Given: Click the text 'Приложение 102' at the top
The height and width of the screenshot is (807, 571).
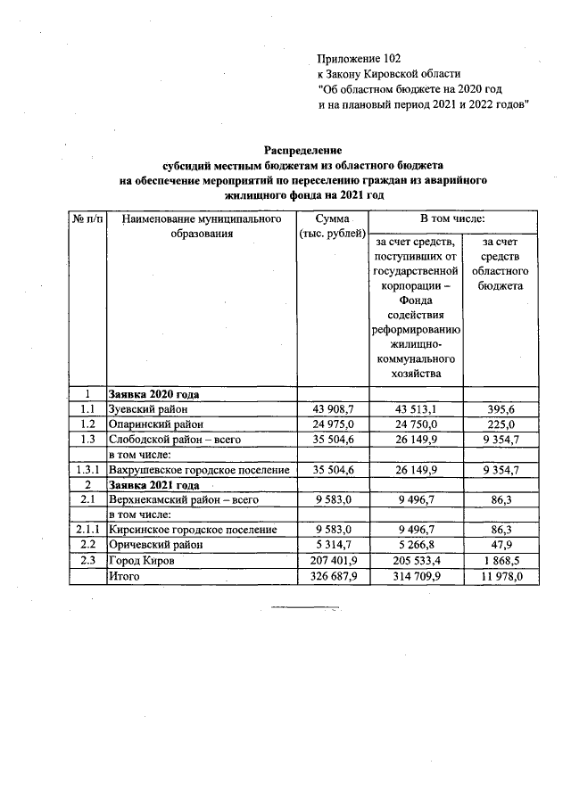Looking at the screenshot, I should (359, 58).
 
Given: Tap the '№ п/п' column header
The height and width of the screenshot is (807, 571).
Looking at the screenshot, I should (87, 218).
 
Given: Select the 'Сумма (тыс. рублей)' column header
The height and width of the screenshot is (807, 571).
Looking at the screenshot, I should (332, 226).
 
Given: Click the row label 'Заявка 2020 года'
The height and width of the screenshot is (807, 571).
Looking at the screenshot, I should (153, 393).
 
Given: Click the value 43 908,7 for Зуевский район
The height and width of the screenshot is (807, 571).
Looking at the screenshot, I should (332, 408).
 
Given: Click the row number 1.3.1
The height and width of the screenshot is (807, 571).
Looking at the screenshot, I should (87, 469).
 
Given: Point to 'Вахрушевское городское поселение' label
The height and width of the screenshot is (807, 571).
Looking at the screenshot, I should (199, 469).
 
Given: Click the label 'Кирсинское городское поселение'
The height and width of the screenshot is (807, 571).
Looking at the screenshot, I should (192, 530).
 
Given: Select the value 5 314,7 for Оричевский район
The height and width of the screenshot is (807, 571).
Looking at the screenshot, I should (332, 545).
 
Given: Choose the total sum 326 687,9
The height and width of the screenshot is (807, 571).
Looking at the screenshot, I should (332, 577).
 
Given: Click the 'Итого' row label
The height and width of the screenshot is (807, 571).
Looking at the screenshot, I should (124, 577).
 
